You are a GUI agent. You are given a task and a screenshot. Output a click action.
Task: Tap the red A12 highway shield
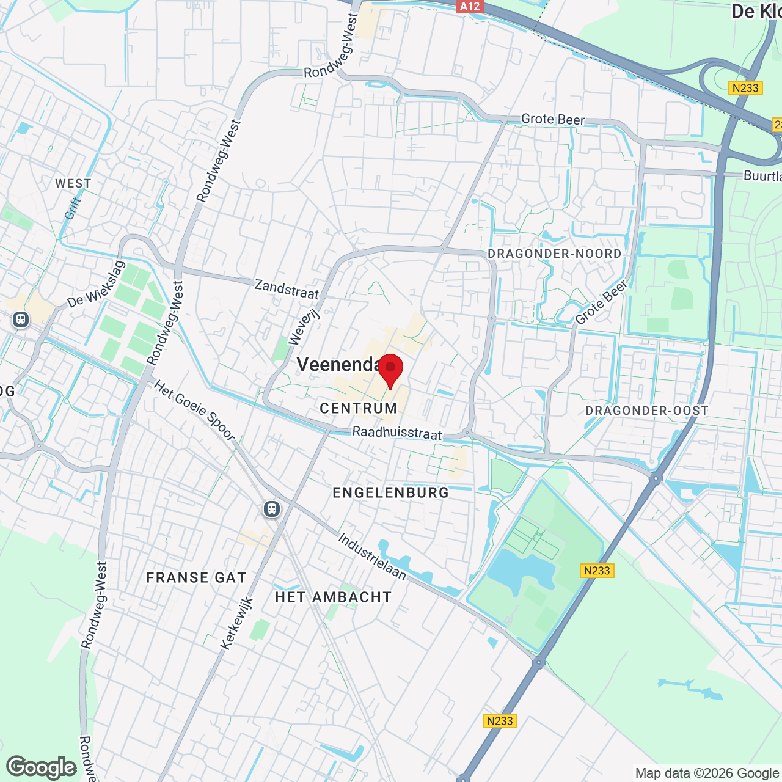point(469,6)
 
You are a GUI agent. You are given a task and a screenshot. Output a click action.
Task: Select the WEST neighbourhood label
point(73,183)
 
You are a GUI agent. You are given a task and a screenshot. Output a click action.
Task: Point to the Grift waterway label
point(73,208)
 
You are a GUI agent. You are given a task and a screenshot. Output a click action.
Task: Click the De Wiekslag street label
point(96,285)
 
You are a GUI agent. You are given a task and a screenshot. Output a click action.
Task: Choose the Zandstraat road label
point(287,289)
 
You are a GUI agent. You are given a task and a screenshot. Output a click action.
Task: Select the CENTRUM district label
point(359,408)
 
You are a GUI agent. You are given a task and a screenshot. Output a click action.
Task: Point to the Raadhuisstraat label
point(397,433)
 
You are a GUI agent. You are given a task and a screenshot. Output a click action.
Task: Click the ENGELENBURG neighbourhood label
point(391,492)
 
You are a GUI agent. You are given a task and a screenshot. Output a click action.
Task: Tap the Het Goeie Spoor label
point(194,410)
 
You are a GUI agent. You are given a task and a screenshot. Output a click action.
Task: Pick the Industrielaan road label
point(372,556)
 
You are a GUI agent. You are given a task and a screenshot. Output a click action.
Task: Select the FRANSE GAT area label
point(196,577)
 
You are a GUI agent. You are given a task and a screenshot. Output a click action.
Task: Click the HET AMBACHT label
point(334,597)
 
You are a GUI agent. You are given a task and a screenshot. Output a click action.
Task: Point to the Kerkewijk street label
point(236,623)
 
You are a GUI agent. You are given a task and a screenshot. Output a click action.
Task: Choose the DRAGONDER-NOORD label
point(554,254)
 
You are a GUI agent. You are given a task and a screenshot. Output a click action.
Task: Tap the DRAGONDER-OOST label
point(647,411)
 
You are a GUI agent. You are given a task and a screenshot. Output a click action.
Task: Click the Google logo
point(42,767)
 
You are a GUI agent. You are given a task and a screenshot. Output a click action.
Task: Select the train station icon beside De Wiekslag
point(21,319)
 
